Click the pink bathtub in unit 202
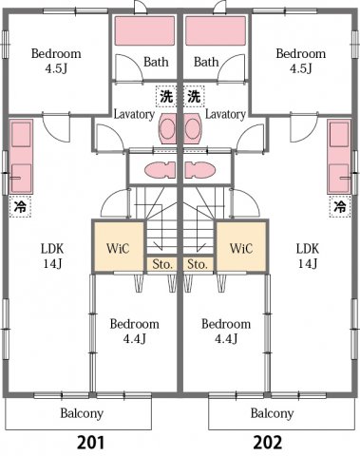[x=216, y=31]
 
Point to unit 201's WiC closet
[x=118, y=248]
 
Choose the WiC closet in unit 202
[x=241, y=248]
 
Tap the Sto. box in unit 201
[x=161, y=263]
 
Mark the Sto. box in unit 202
[x=198, y=263]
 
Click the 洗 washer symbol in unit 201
[x=166, y=95]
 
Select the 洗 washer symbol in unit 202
[x=194, y=95]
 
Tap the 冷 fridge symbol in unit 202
[x=339, y=204]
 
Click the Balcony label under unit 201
[x=82, y=413]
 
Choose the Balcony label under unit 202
[x=272, y=413]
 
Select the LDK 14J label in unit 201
[x=51, y=256]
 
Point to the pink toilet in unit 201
[x=158, y=170]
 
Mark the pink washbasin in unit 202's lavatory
[x=194, y=128]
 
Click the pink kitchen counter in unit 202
[x=339, y=157]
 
